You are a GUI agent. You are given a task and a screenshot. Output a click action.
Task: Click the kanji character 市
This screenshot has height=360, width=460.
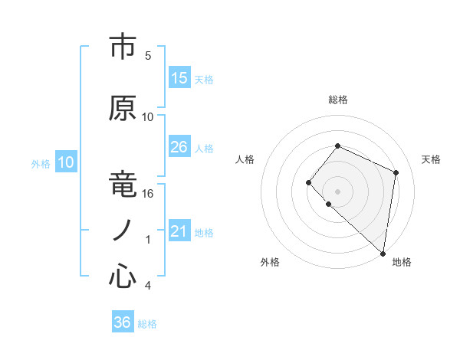pyautogui.click(x=123, y=47)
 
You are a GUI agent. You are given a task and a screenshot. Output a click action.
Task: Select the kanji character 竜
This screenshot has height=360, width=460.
pyautogui.click(x=123, y=185)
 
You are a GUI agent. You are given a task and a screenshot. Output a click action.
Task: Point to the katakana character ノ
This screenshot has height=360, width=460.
pyautogui.click(x=123, y=231)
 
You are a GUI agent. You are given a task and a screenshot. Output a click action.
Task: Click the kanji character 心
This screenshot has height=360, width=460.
pyautogui.click(x=123, y=277)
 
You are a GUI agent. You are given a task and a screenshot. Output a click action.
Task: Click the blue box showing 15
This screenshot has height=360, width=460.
pyautogui.click(x=179, y=78)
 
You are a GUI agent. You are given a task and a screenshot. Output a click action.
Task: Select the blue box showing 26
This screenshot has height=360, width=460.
pyautogui.click(x=179, y=147)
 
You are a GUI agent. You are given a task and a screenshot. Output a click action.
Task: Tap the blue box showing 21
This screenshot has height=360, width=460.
pyautogui.click(x=179, y=231)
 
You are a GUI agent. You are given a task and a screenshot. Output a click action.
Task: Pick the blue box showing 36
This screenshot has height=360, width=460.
pyautogui.click(x=123, y=322)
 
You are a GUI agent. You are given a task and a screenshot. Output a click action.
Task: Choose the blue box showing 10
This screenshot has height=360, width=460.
pyautogui.click(x=66, y=162)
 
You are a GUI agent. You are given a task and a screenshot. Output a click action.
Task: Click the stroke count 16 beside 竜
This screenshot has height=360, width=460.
pyautogui.click(x=149, y=194)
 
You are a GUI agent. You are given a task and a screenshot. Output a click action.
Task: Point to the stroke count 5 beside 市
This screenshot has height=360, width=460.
pyautogui.click(x=148, y=56)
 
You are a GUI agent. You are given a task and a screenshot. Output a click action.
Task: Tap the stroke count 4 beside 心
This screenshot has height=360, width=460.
pyautogui.click(x=148, y=286)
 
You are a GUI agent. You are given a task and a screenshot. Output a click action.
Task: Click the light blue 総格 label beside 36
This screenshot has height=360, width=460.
pyautogui.click(x=147, y=324)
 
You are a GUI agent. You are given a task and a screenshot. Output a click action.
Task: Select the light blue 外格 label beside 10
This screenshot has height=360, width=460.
pyautogui.click(x=41, y=163)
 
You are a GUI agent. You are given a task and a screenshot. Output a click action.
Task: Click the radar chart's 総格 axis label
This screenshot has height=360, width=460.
pyautogui.click(x=337, y=100)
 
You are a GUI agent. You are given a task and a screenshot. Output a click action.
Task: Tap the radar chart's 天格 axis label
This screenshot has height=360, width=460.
pyautogui.click(x=431, y=159)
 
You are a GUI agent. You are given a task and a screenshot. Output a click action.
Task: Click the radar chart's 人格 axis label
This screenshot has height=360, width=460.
pyautogui.click(x=245, y=159)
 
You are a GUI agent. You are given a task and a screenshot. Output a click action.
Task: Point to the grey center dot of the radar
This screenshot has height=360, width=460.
pyautogui.click(x=337, y=191)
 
